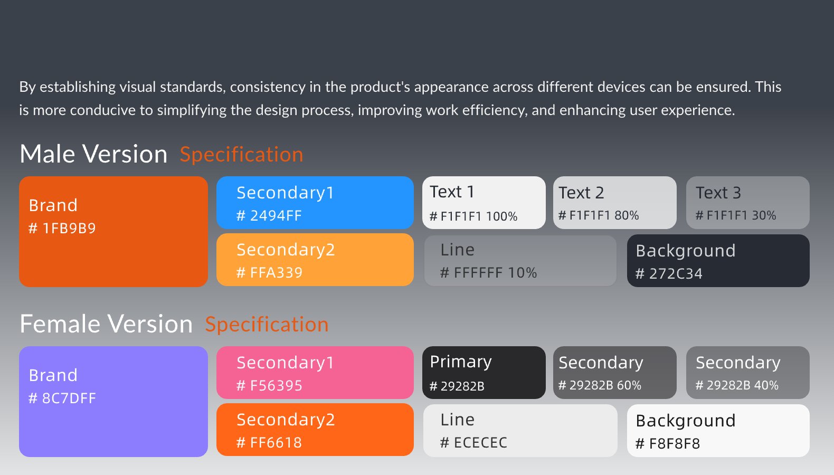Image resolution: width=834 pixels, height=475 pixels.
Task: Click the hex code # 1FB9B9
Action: (62, 228)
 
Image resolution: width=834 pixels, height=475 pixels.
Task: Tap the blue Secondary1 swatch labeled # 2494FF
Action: (315, 203)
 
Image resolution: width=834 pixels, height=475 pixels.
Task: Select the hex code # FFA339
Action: (269, 272)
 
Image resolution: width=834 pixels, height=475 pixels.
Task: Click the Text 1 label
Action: (452, 192)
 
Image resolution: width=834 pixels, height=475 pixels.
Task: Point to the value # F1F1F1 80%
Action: (599, 215)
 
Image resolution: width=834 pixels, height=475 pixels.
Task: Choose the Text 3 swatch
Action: (747, 203)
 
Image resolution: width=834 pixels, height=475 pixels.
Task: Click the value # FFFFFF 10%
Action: (488, 272)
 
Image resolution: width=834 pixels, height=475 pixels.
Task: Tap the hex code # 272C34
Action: (669, 273)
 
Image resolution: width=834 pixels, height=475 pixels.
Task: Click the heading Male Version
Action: (93, 154)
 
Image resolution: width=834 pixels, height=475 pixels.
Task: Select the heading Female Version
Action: (106, 324)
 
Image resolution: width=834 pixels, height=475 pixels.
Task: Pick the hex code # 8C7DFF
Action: (62, 398)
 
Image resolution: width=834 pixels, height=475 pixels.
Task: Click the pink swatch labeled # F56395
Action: (315, 373)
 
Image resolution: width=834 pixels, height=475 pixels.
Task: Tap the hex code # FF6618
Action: (269, 442)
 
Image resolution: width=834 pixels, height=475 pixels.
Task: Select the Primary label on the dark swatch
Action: (461, 362)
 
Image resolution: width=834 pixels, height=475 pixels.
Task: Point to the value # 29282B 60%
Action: (600, 385)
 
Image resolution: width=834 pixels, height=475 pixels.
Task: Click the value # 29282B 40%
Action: (737, 385)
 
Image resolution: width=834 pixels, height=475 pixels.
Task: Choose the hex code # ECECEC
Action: (473, 442)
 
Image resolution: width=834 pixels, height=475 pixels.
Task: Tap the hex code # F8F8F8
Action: (668, 443)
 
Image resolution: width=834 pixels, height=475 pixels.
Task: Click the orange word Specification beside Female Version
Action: (267, 325)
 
